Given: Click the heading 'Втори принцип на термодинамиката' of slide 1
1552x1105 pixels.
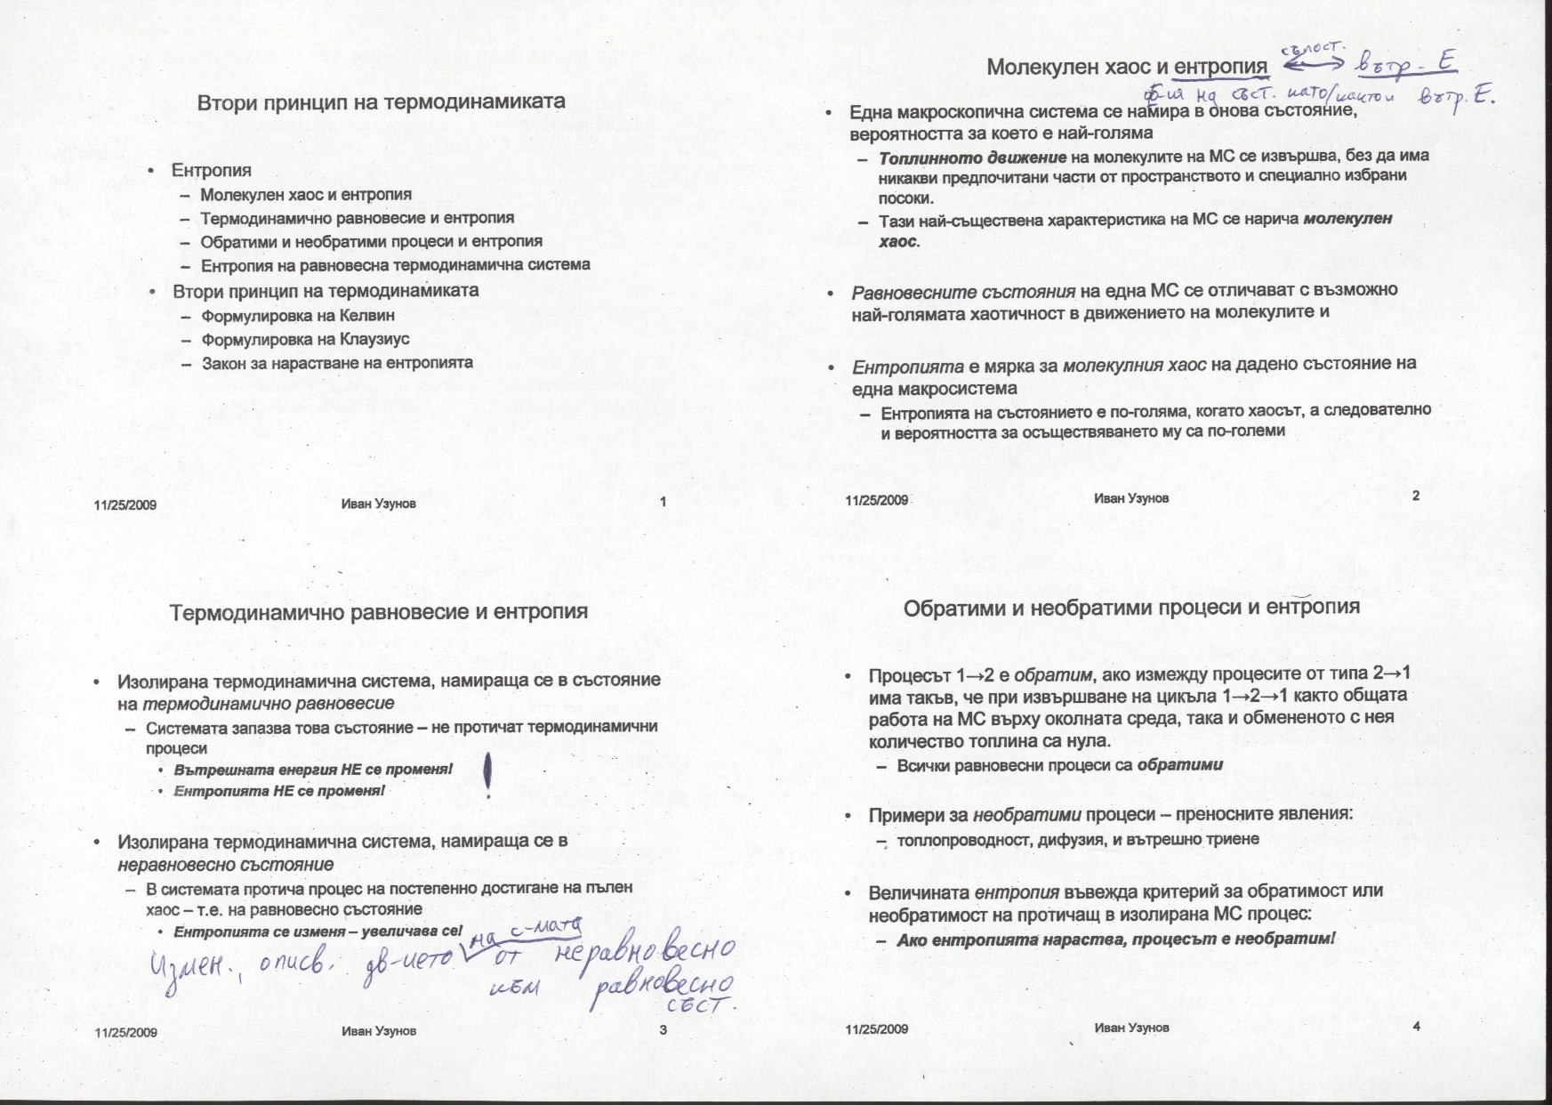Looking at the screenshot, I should pyautogui.click(x=381, y=101).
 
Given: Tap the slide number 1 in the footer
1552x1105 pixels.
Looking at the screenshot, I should pyautogui.click(x=663, y=502).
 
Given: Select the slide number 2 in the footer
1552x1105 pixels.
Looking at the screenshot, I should pyautogui.click(x=1416, y=496).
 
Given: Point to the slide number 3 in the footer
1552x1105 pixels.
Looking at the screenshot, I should pyautogui.click(x=663, y=1030).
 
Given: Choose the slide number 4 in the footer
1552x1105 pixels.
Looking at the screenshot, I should pyautogui.click(x=1416, y=1027).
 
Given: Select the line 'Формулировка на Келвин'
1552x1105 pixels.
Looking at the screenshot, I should pyautogui.click(x=298, y=316).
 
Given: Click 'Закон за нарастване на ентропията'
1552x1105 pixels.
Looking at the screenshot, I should pyautogui.click(x=337, y=362).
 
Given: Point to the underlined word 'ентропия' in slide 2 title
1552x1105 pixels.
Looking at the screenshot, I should pyautogui.click(x=1220, y=67).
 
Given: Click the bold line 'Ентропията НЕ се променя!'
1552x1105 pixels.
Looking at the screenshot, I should pyautogui.click(x=279, y=790).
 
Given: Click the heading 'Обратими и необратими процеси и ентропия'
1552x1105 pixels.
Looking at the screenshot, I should pyautogui.click(x=1131, y=608).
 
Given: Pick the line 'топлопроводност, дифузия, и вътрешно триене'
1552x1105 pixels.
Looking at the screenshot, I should pyautogui.click(x=1078, y=839).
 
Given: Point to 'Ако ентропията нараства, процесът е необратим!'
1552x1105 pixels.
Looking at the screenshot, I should pyautogui.click(x=1116, y=940).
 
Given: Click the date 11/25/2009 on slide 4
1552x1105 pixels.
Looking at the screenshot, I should pyautogui.click(x=877, y=1029).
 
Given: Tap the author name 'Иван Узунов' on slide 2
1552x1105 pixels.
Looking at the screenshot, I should pyautogui.click(x=1131, y=498).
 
